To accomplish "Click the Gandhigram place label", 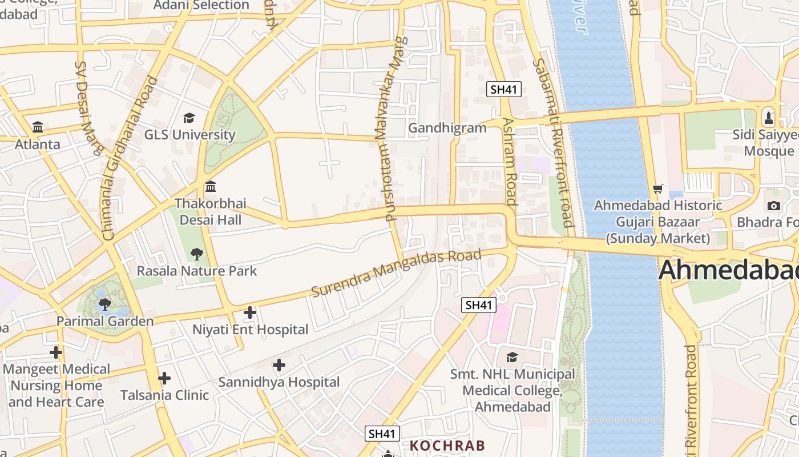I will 447,128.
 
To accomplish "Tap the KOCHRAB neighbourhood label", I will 447,446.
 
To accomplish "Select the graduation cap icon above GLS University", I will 189,118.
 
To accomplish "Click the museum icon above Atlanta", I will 38,127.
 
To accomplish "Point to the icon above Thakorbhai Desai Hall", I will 210,187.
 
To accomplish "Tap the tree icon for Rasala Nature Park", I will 196,254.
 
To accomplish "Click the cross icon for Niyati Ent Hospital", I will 249,312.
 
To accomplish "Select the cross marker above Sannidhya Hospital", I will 279,365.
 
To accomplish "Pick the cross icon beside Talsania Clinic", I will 164,378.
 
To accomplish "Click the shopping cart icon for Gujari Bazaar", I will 658,188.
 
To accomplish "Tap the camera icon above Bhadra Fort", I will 773,206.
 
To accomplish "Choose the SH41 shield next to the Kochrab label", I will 382,434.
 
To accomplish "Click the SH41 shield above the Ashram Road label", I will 504,89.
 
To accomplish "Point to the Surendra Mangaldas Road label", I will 396,272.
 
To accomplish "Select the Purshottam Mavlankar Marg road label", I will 393,129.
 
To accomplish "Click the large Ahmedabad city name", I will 728,271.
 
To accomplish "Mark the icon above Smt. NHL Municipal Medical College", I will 512,357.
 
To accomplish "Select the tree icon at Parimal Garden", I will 104,304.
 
